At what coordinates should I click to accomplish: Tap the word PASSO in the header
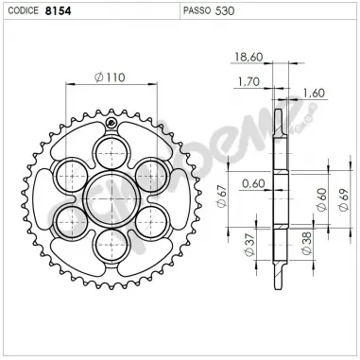pyautogui.click(x=196, y=13)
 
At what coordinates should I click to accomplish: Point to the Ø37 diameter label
pyautogui.click(x=249, y=249)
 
